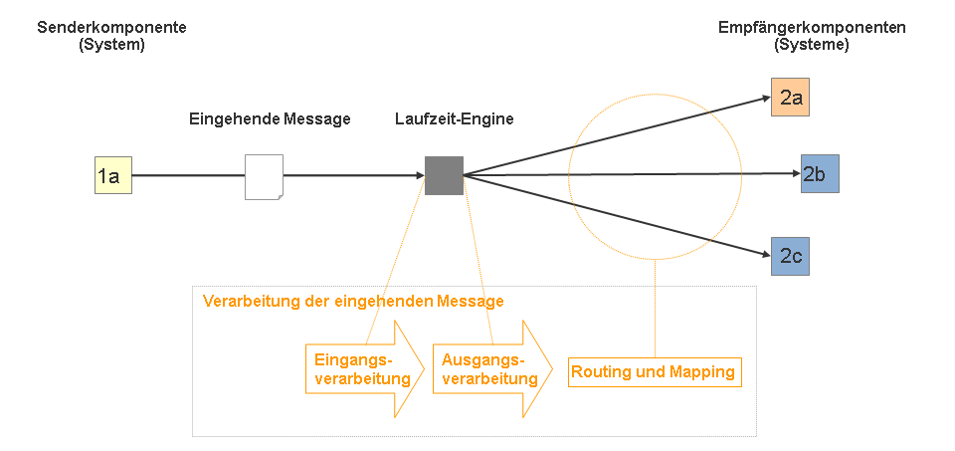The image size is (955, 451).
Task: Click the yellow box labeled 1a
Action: [x=112, y=176]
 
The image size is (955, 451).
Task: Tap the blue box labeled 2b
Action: [x=820, y=174]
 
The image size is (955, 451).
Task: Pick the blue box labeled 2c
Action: [x=790, y=256]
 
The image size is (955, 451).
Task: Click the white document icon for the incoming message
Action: [x=264, y=176]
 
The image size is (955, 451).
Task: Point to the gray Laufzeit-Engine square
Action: [x=444, y=175]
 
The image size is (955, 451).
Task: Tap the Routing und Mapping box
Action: [x=654, y=372]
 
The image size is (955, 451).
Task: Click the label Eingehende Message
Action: [x=270, y=119]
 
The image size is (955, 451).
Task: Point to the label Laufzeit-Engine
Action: [x=454, y=119]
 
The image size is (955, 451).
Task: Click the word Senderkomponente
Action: [x=111, y=28]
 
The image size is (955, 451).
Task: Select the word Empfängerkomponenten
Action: [x=812, y=28]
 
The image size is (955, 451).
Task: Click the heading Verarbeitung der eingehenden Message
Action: [x=353, y=301]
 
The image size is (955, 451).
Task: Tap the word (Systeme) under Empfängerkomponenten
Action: [x=812, y=45]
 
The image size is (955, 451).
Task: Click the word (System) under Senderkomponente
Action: [x=111, y=45]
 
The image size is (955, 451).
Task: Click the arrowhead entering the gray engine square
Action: [x=419, y=176]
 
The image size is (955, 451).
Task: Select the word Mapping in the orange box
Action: [x=704, y=372]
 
